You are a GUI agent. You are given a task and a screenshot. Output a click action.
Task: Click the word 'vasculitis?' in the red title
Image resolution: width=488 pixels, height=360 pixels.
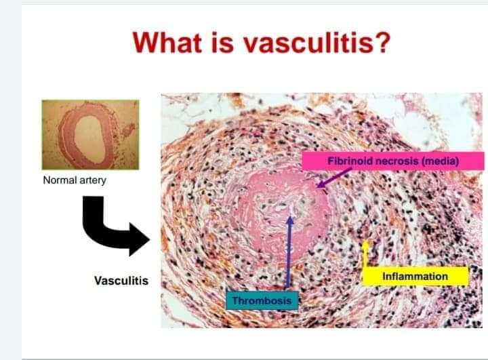click(317, 43)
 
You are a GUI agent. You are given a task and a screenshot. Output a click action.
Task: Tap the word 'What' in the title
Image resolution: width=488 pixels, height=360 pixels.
click(167, 42)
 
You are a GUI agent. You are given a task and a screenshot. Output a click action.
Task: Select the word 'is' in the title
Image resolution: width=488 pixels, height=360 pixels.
click(222, 42)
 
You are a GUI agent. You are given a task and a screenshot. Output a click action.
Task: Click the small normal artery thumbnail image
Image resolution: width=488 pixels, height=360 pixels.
click(91, 134)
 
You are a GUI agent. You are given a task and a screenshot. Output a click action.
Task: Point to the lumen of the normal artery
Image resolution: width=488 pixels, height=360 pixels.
click(90, 139)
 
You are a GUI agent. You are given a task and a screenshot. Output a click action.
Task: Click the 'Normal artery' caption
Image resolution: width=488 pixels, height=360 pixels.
click(75, 180)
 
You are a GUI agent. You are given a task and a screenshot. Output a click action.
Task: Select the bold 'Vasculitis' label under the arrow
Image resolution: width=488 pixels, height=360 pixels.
click(121, 281)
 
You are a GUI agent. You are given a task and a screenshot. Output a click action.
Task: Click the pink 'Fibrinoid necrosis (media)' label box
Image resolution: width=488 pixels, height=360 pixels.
click(392, 161)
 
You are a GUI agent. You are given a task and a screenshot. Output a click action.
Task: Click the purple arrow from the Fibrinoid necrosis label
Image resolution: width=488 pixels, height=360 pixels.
click(334, 178)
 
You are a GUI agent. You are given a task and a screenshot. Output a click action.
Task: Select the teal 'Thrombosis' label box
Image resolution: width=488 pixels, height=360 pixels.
click(262, 300)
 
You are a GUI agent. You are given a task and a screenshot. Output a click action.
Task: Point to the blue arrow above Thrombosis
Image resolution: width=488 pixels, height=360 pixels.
click(289, 252)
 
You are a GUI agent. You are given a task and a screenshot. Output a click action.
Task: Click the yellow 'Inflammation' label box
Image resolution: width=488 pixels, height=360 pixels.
click(415, 276)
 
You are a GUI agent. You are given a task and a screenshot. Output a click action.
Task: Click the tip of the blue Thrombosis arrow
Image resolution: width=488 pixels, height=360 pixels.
click(290, 216)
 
